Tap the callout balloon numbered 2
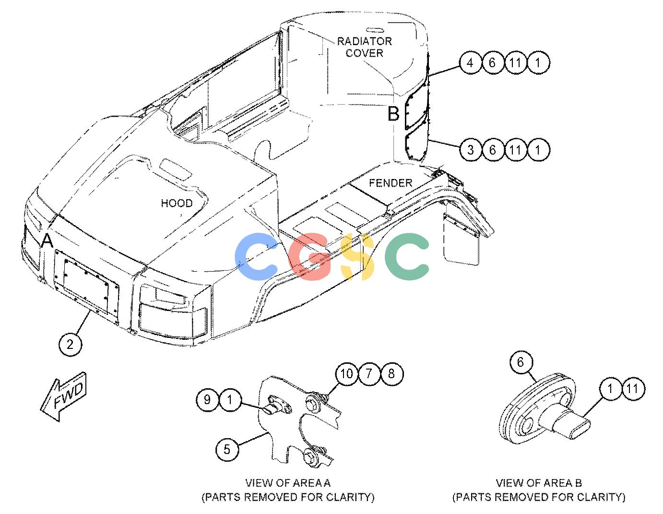tap(70, 345)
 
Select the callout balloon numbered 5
tap(227, 449)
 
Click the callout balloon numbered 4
tap(471, 63)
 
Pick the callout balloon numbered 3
tap(471, 150)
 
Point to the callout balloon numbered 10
tap(346, 373)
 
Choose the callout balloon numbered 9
tap(207, 400)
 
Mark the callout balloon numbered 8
tap(391, 373)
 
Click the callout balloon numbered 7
tap(369, 373)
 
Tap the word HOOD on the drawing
tap(177, 203)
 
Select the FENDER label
tap(391, 183)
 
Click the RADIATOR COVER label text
tap(364, 47)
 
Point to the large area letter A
tap(47, 240)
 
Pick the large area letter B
tap(393, 114)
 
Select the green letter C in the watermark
tap(407, 256)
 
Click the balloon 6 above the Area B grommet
tap(521, 362)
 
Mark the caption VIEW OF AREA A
tap(288, 482)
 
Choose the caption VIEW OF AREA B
tap(539, 482)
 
